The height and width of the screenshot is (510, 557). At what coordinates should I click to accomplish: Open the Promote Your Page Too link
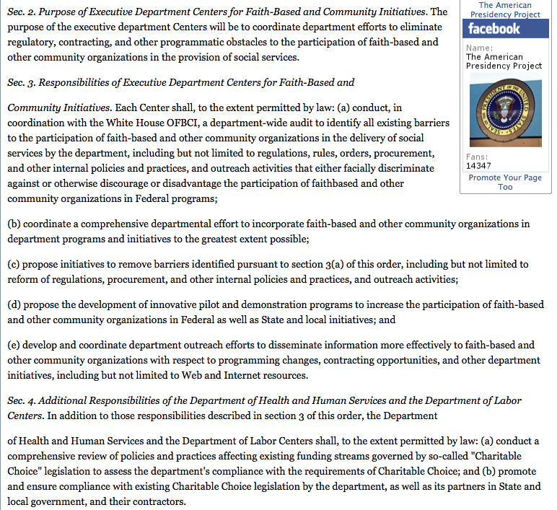coord(505,182)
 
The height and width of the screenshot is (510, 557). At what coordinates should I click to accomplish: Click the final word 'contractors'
coord(157,501)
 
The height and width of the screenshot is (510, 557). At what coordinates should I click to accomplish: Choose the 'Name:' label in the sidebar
coord(479,48)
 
